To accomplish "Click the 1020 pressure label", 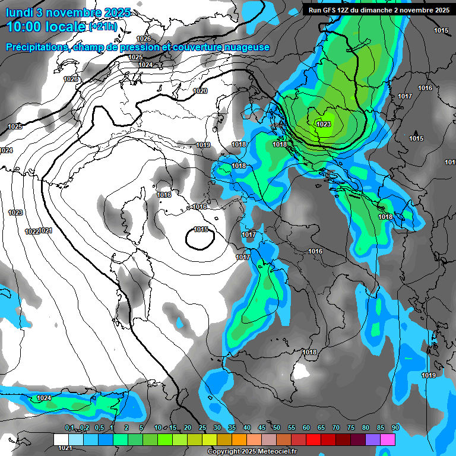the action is [200, 91].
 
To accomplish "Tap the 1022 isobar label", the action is [32, 232].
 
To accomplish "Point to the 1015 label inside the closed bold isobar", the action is [201, 229].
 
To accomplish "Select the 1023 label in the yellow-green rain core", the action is [324, 124].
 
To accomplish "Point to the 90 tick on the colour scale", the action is [395, 427].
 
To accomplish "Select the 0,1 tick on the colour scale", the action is [69, 427].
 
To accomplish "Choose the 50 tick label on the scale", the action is [277, 427].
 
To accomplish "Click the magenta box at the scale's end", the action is [388, 439].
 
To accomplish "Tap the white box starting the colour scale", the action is [61, 439].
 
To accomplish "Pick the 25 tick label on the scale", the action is [202, 427].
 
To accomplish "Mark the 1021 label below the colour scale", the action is [65, 448].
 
